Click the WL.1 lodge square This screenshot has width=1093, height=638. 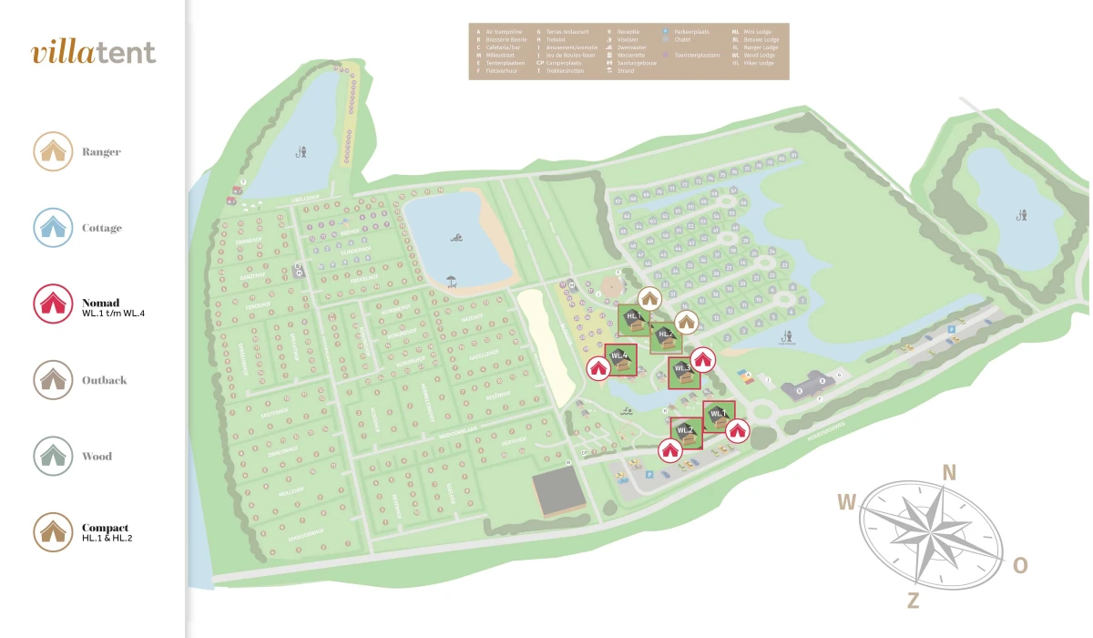[x=719, y=416]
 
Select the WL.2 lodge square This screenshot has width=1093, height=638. [x=686, y=432]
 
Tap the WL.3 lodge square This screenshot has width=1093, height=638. [x=684, y=372]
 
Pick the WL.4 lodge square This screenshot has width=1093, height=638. [x=621, y=359]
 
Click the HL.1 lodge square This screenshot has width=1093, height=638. [x=633, y=319]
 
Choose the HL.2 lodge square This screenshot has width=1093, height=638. [x=666, y=336]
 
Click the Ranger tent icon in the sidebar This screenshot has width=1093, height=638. [x=53, y=151]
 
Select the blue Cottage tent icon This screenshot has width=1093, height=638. [x=53, y=228]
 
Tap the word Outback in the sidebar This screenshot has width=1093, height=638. [x=104, y=380]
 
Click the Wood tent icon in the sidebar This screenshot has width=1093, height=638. [x=53, y=457]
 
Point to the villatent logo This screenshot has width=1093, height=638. [x=93, y=52]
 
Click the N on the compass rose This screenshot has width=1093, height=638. [x=949, y=472]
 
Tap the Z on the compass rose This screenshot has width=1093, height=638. [x=913, y=600]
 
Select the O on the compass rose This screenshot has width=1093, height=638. [x=1020, y=566]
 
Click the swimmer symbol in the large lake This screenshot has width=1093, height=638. [x=455, y=239]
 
